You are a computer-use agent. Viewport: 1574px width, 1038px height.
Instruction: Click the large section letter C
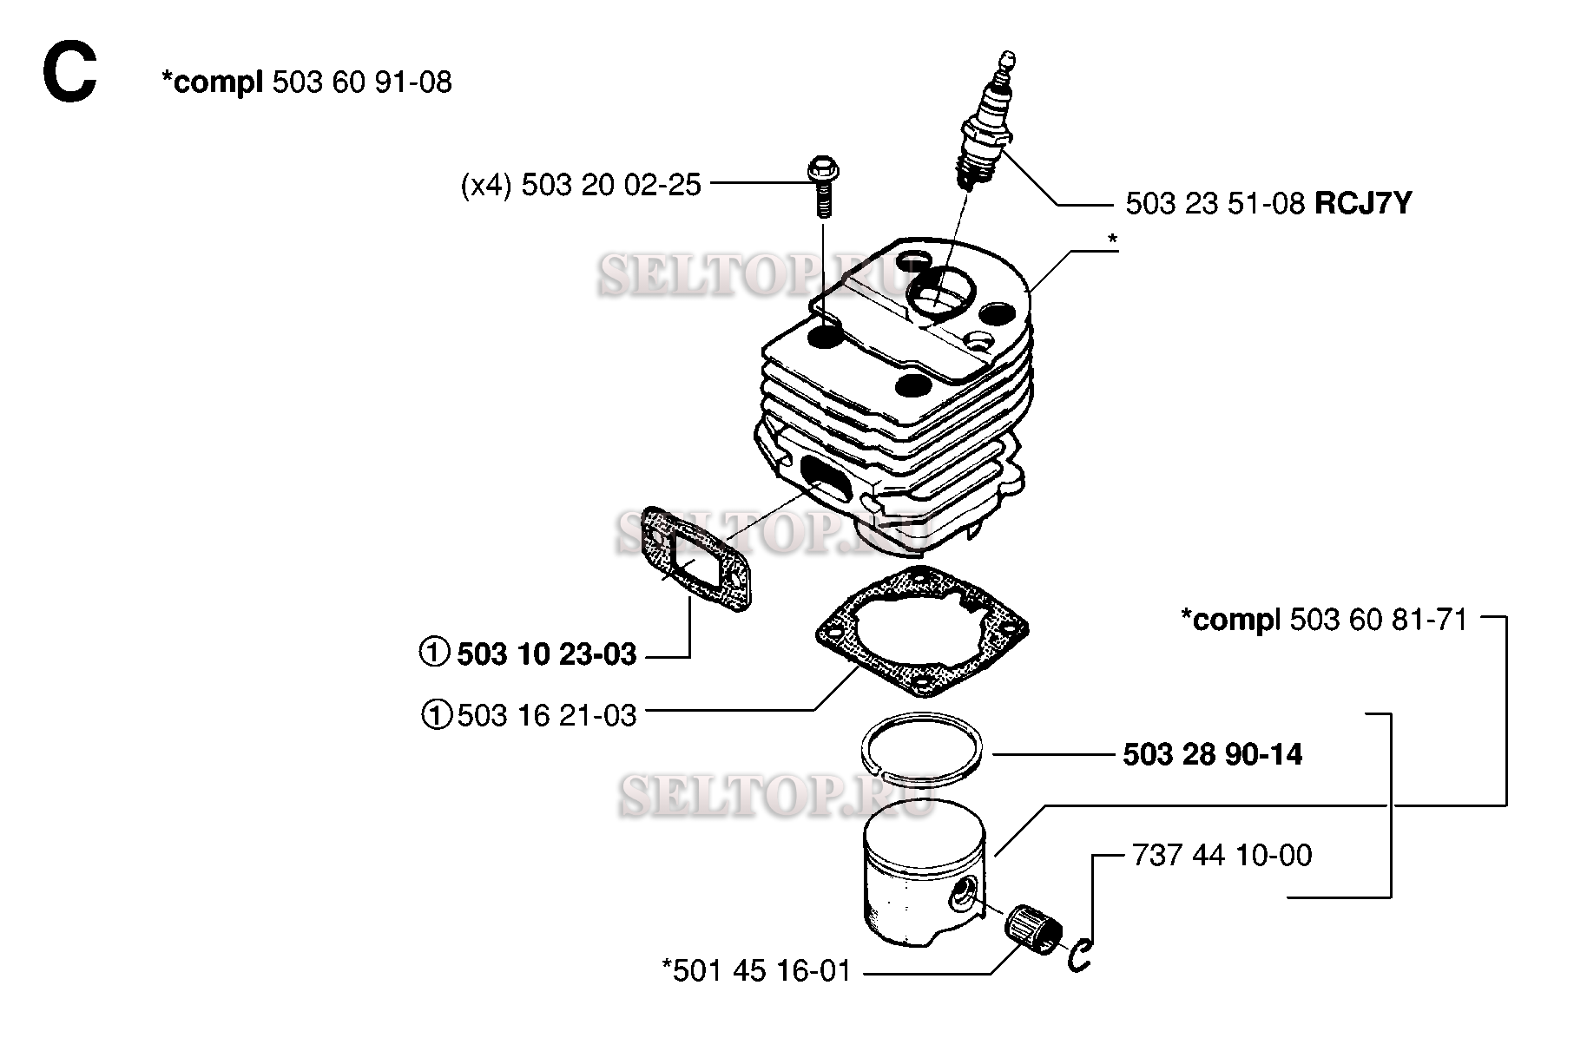(x=69, y=75)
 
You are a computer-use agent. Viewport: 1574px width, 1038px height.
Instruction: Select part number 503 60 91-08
(x=362, y=82)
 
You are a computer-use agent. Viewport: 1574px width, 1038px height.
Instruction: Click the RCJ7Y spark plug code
(x=1363, y=203)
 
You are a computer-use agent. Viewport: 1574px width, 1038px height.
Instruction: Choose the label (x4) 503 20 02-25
(x=581, y=185)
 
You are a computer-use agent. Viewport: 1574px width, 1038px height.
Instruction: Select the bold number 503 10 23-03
(x=547, y=654)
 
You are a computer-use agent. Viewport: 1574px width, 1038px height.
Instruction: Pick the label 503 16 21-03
(x=547, y=716)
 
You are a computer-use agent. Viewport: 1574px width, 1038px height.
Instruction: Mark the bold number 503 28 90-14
(x=1213, y=754)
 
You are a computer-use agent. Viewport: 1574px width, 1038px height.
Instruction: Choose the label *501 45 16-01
(x=756, y=970)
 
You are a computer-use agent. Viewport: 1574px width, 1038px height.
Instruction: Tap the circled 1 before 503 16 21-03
(x=437, y=716)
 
